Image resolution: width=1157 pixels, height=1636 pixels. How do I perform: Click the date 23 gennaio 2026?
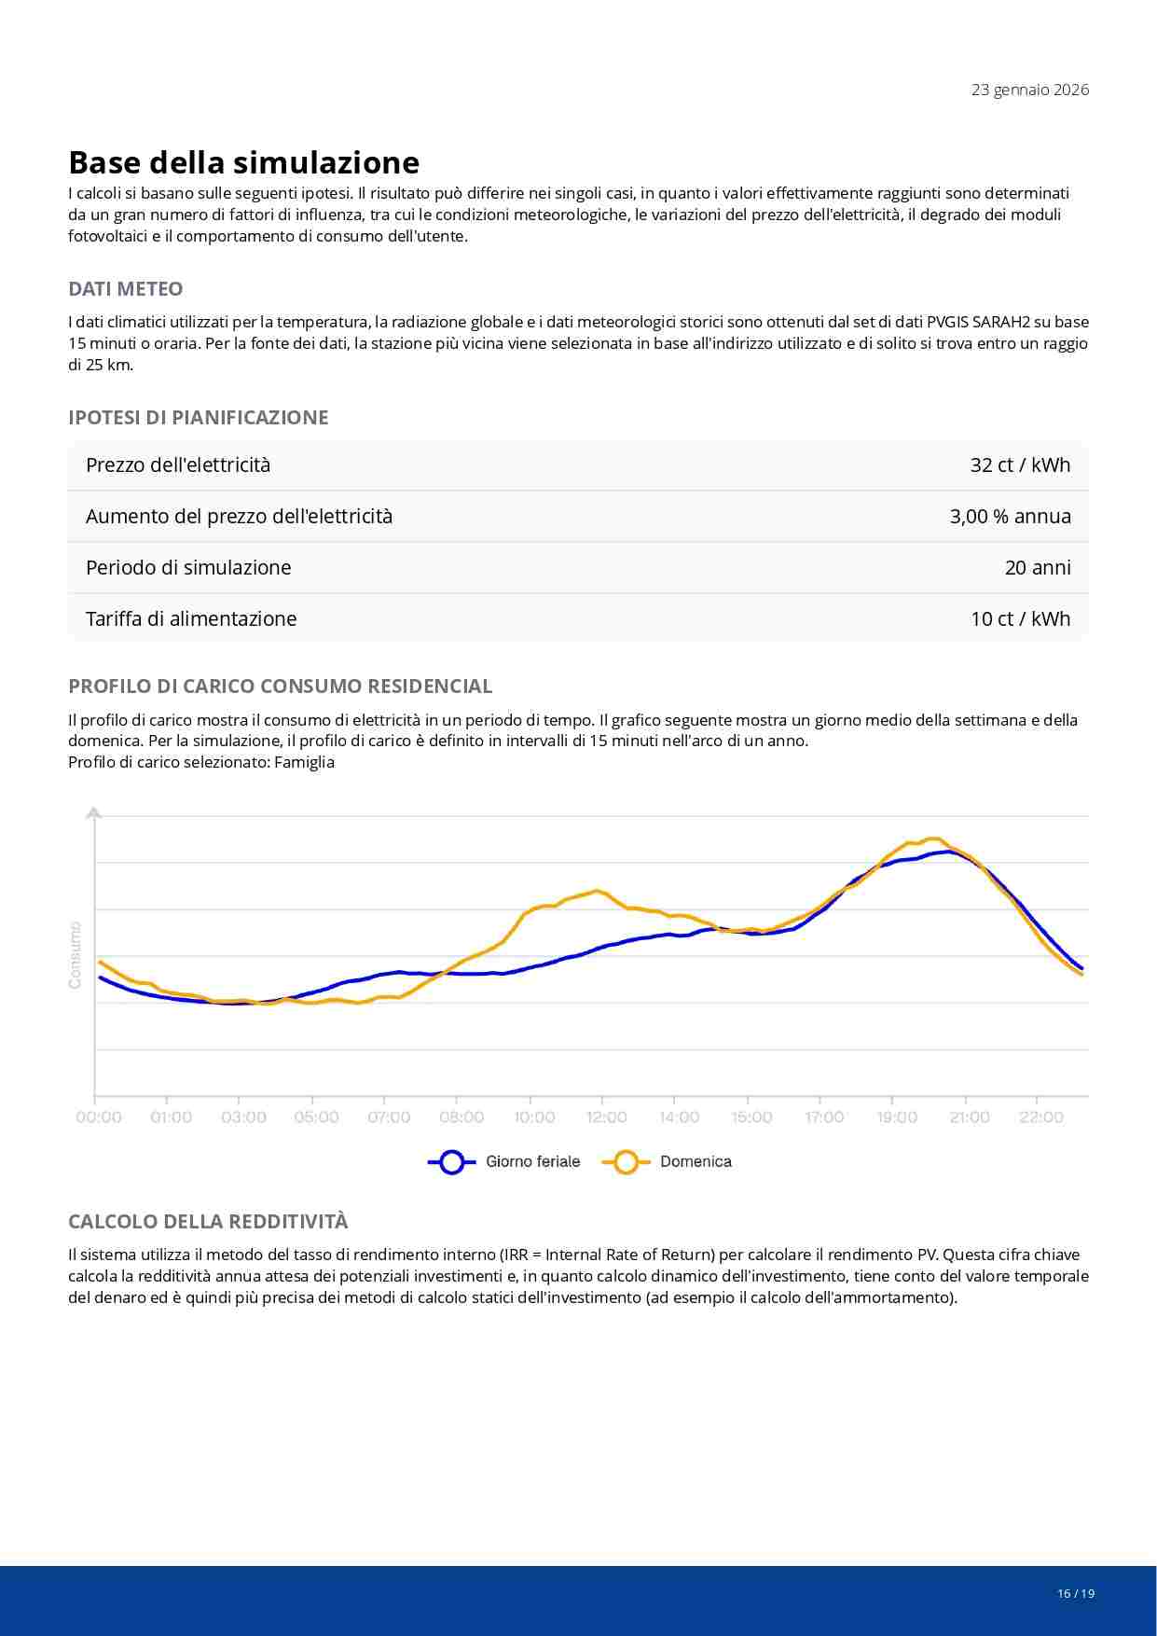click(x=1029, y=90)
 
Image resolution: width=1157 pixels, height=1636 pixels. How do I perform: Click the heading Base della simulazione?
click(x=243, y=162)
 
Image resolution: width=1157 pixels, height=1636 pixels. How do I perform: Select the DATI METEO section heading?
click(x=125, y=289)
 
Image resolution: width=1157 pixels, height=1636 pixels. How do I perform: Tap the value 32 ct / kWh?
click(x=1020, y=464)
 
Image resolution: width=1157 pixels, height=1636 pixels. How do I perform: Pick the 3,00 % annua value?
click(x=1010, y=516)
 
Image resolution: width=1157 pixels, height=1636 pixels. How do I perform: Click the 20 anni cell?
click(x=1037, y=567)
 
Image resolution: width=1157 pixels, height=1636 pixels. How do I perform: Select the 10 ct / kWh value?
click(x=1020, y=618)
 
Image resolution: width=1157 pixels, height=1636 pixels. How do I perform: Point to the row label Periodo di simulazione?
click(x=188, y=567)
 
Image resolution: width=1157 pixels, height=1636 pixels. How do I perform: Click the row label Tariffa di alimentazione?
click(x=191, y=618)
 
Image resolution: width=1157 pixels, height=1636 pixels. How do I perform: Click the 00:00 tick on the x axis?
click(x=99, y=1117)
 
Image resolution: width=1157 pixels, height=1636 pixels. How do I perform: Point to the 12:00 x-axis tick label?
click(x=607, y=1117)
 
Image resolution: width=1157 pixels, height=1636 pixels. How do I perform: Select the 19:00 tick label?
click(x=897, y=1117)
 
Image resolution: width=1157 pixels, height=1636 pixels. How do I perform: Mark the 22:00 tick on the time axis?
click(x=1041, y=1117)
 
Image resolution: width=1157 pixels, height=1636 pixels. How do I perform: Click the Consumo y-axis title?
click(x=76, y=955)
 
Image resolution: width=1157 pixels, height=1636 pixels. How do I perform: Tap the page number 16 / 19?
click(x=1076, y=1593)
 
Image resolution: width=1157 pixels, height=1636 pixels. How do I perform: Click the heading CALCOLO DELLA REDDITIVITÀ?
click(x=208, y=1222)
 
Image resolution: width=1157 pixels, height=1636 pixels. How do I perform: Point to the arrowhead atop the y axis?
click(x=93, y=813)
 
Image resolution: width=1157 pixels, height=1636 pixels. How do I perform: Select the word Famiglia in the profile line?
click(x=304, y=762)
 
